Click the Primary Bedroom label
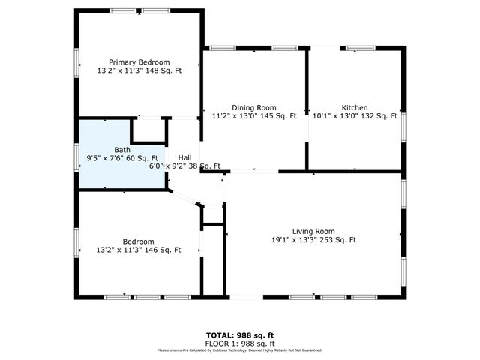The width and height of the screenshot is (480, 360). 139,62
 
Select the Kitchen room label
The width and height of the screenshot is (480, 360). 355,107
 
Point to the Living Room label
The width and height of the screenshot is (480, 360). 313,231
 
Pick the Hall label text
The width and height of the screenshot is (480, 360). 184,157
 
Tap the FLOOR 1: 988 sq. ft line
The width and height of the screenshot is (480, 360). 239,342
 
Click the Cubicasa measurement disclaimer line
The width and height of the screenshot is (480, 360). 239,349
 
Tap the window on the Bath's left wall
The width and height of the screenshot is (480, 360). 76,157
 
